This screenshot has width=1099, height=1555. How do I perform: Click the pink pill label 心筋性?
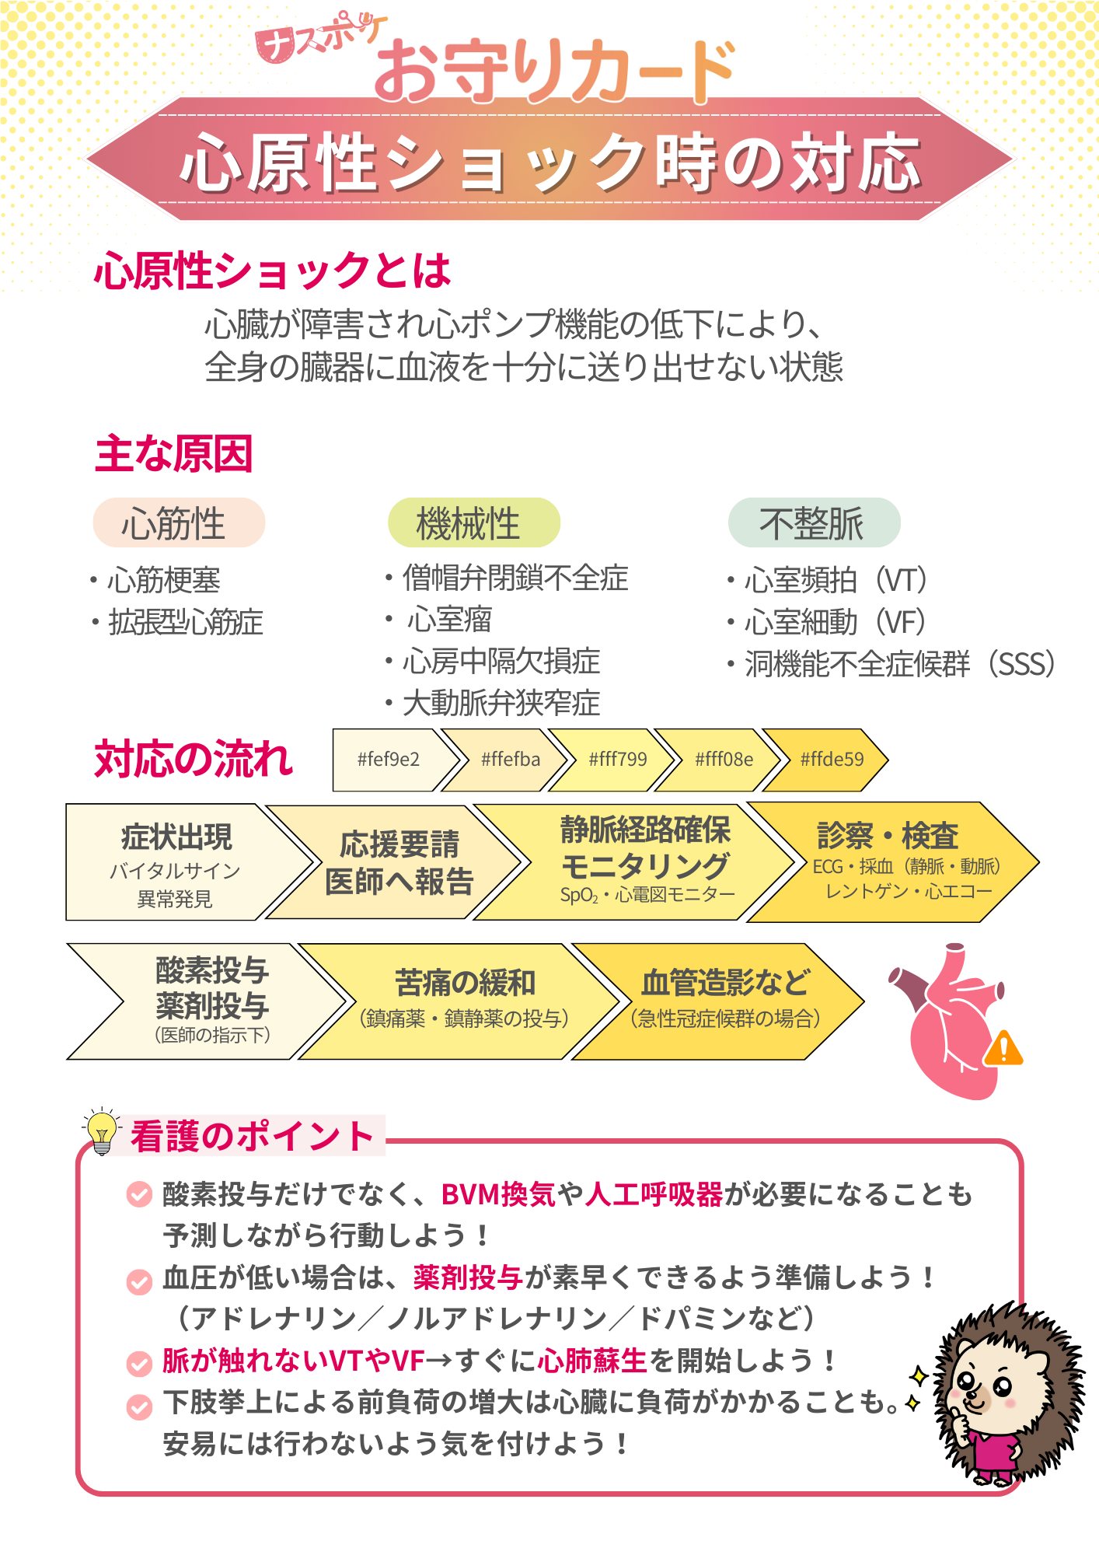pos(179,522)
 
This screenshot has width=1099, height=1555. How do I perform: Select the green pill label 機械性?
pos(473,522)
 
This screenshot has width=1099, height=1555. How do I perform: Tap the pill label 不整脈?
pos(814,522)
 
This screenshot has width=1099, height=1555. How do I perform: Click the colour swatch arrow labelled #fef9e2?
pos(389,760)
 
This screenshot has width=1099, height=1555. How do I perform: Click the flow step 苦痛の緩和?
pos(465,1001)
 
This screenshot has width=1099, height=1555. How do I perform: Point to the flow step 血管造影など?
pos(724,1001)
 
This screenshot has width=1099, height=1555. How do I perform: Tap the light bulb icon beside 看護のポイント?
pos(101,1131)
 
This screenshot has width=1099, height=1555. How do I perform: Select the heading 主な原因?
pos(174,454)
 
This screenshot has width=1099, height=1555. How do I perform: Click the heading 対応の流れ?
pos(194,759)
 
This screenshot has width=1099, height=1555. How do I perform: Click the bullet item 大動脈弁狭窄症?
pos(501,703)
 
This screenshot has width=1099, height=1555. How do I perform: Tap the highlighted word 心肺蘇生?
pos(592,1361)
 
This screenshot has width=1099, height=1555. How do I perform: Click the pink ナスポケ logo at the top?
pos(319,40)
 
